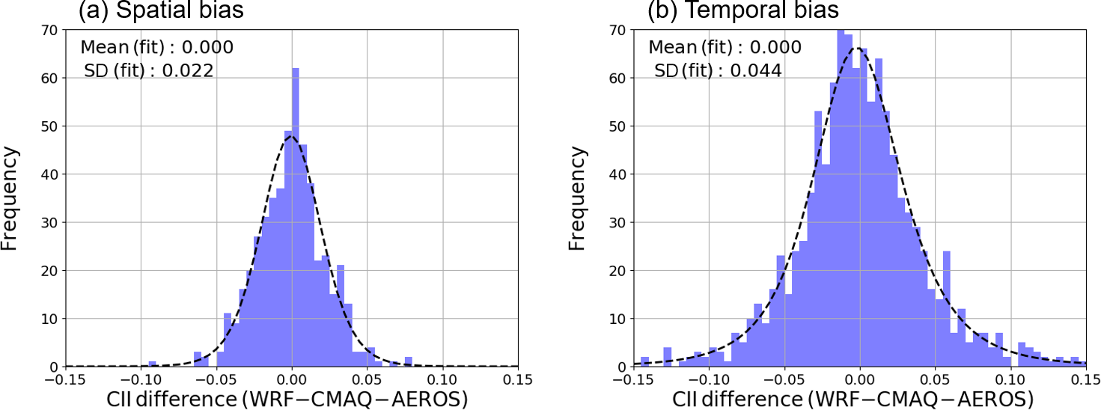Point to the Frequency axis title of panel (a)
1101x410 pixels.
[10, 198]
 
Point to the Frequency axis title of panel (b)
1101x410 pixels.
[578, 198]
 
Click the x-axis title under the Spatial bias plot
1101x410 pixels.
[292, 400]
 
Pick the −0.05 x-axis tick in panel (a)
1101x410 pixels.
[216, 379]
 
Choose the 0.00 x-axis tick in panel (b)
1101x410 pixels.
[859, 379]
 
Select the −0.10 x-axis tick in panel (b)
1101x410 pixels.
[708, 379]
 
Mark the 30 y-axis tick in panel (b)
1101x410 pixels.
[619, 222]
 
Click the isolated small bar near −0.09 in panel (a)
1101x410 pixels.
[152, 364]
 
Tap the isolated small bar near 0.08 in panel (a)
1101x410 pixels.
[408, 362]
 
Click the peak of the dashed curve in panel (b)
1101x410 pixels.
[858, 48]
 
